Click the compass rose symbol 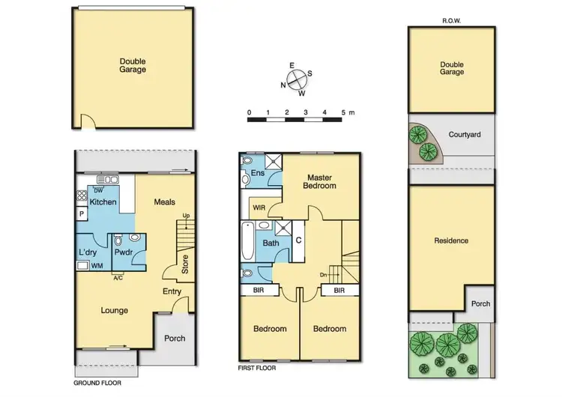(297, 79)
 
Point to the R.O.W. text (451, 21)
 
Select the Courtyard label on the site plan (465, 135)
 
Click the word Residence (451, 240)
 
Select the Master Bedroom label (319, 181)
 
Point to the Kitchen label (103, 202)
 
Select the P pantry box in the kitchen (81, 213)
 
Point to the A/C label (118, 279)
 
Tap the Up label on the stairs (185, 217)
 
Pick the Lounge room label (115, 310)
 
